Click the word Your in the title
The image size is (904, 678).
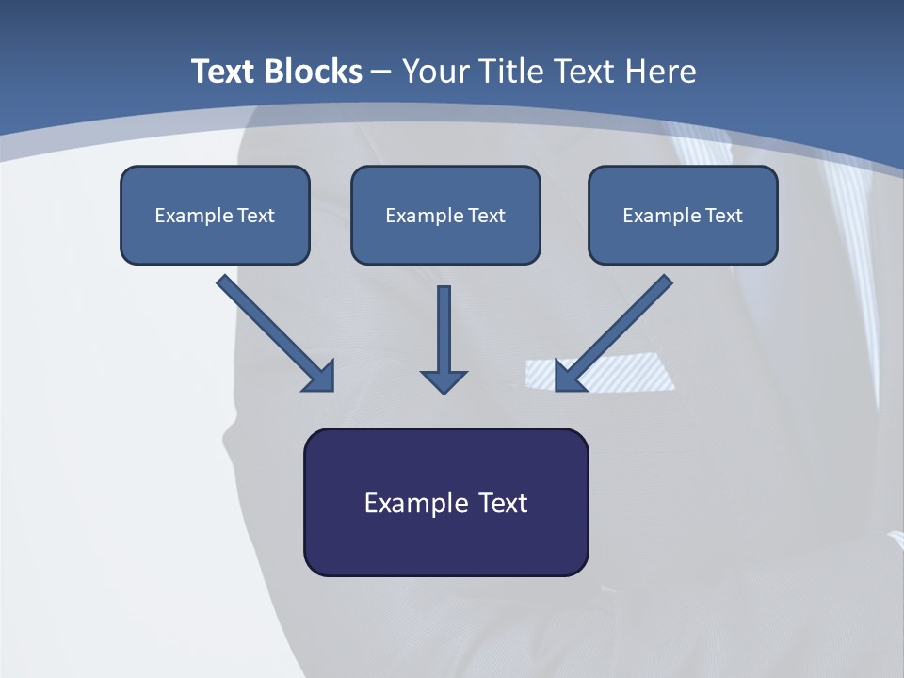pos(436,72)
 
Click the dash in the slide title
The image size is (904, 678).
pos(381,72)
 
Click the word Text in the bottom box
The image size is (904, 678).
pos(503,503)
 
